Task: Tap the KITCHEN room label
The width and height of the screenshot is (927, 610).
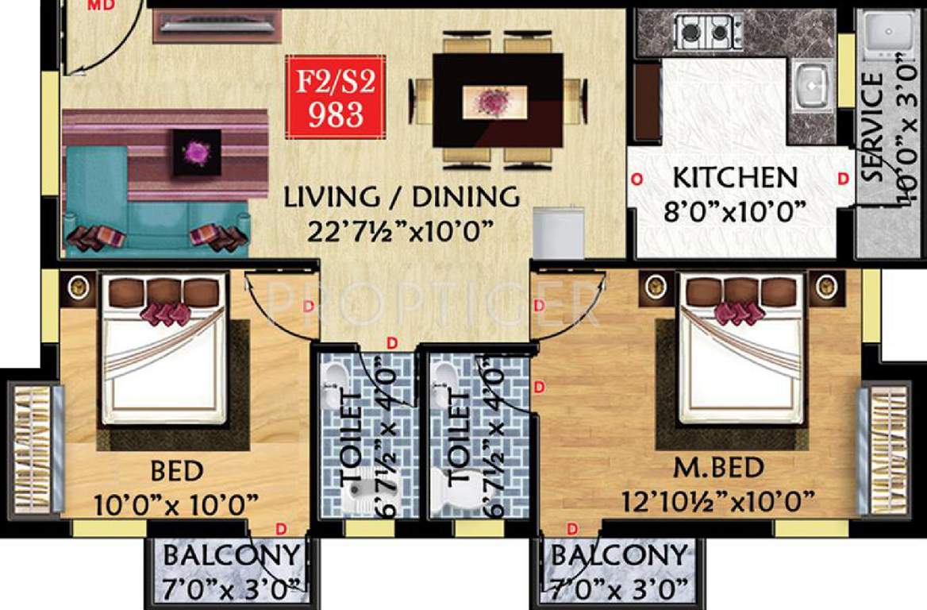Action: click(x=734, y=177)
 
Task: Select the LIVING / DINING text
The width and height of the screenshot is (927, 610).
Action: click(x=402, y=196)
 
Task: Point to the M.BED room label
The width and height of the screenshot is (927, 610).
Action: click(x=719, y=469)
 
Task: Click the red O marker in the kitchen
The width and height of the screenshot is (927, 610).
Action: click(x=636, y=180)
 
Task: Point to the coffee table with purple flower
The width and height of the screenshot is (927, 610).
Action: click(x=198, y=149)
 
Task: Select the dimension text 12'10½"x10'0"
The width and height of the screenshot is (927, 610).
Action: click(x=719, y=501)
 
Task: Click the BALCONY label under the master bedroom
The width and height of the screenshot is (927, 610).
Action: click(x=619, y=555)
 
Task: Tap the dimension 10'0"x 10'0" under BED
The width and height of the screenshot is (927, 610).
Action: click(x=176, y=503)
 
